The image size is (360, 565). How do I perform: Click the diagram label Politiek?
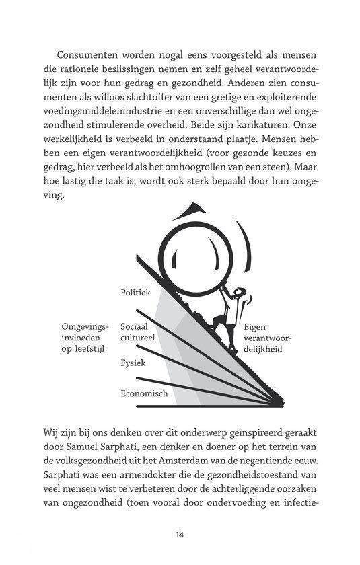coord(135,293)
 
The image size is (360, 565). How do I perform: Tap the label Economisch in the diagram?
coord(144,393)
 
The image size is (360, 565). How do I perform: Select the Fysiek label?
coord(133,363)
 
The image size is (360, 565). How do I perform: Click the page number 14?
coord(179,535)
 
